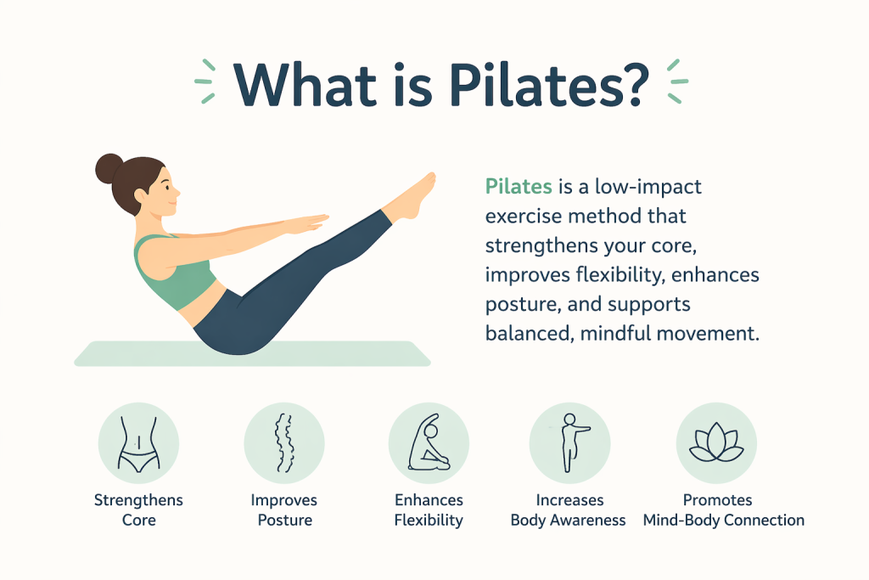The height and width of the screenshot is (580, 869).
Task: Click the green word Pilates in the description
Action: (519, 186)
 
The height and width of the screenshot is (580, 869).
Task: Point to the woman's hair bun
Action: (109, 169)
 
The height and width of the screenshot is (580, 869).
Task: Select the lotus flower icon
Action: (716, 442)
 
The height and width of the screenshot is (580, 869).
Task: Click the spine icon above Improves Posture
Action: (284, 443)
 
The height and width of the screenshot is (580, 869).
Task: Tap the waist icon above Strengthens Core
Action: (138, 444)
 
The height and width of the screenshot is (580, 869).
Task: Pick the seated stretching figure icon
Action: (429, 443)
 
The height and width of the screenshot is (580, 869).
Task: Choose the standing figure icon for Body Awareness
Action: (570, 442)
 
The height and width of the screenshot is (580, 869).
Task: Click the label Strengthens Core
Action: (138, 510)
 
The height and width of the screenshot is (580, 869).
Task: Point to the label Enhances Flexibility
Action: (429, 510)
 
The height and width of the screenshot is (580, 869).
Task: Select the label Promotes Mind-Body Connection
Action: (723, 510)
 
